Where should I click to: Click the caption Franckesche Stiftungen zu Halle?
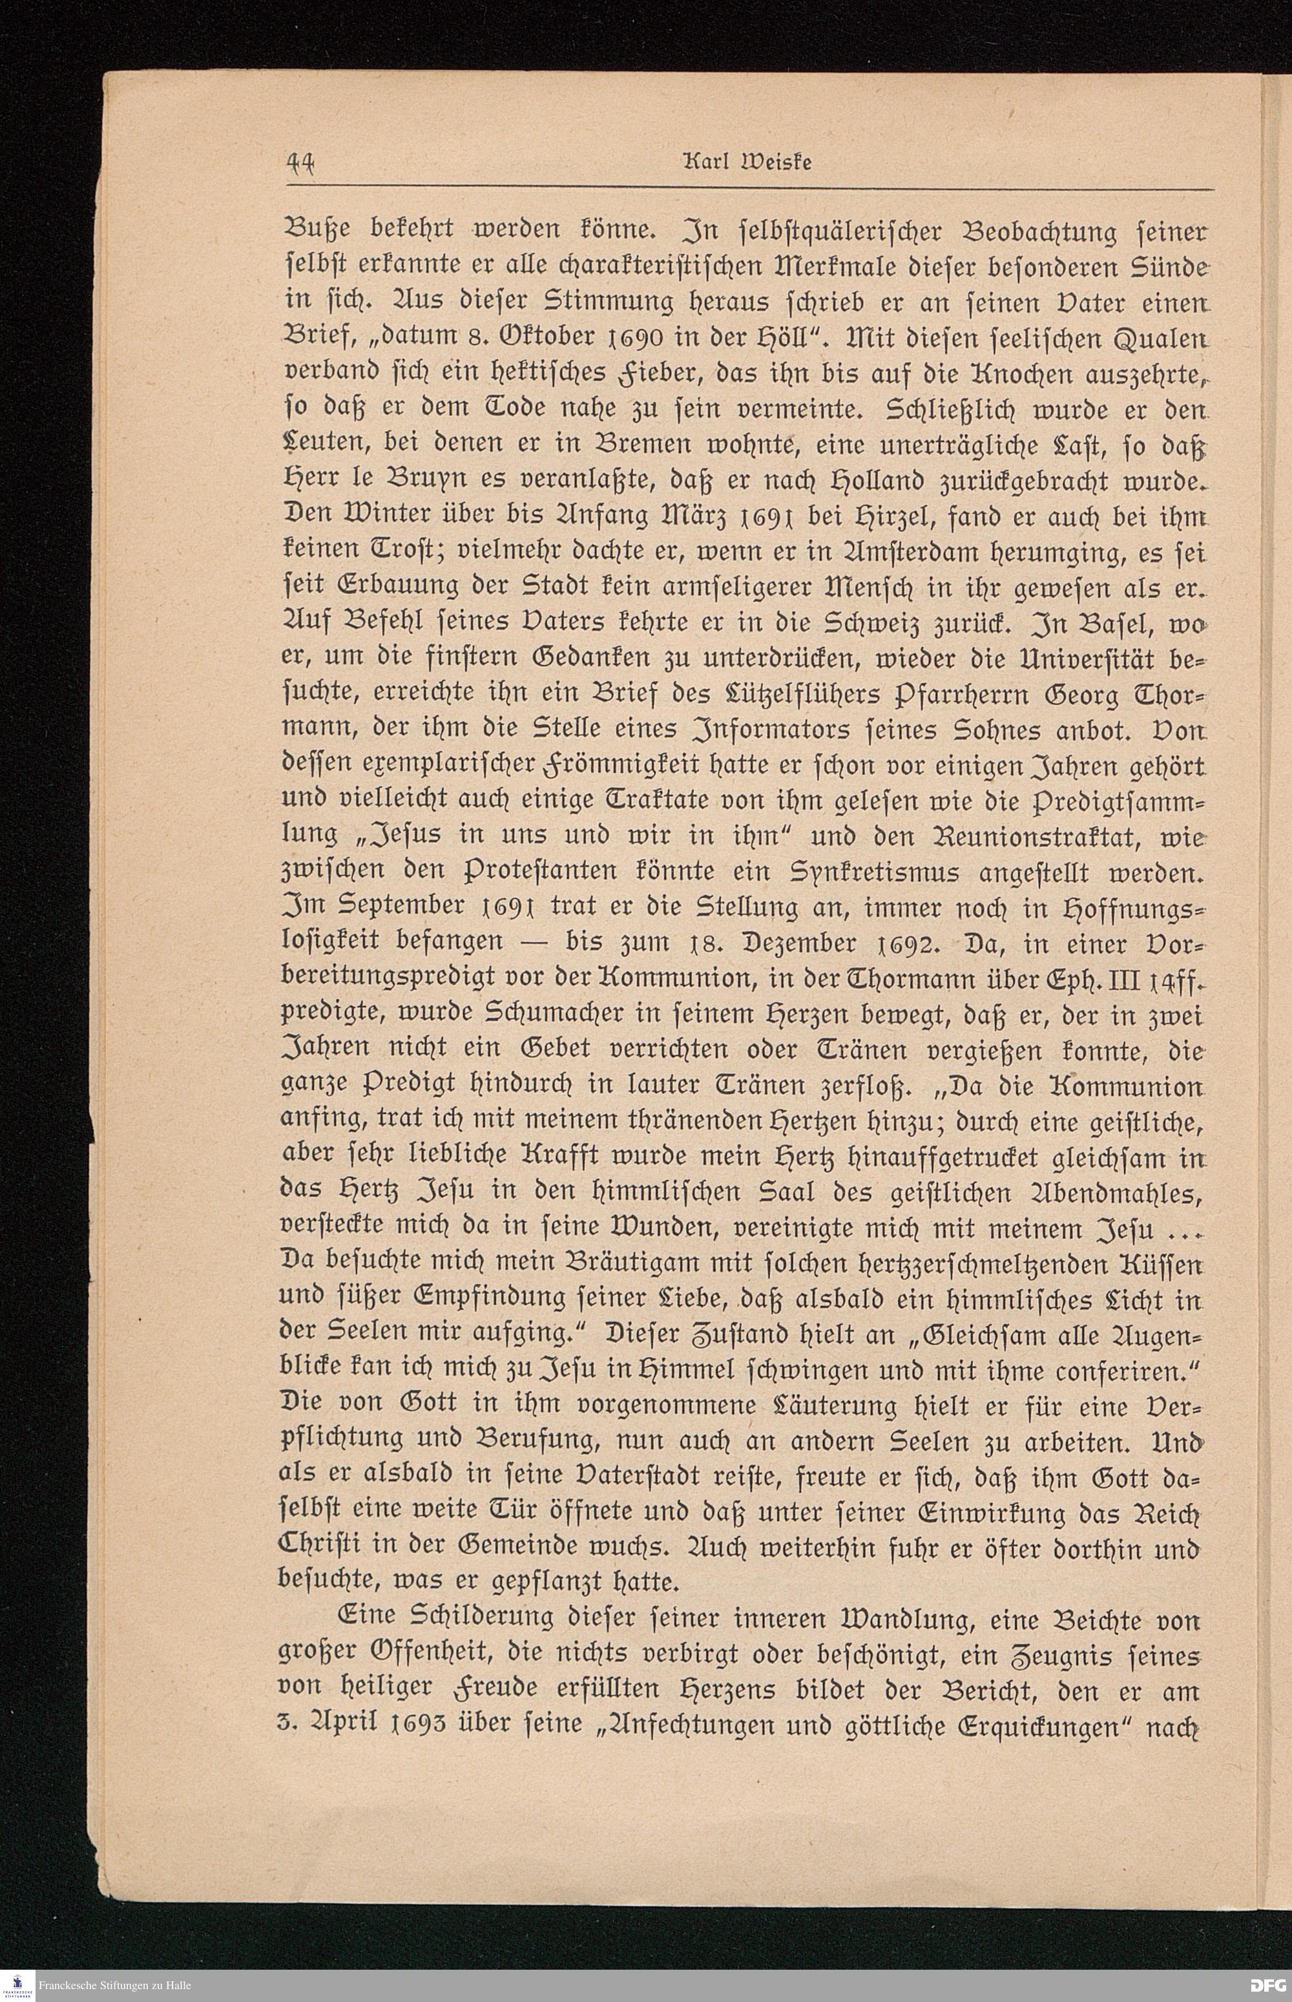(x=114, y=1986)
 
